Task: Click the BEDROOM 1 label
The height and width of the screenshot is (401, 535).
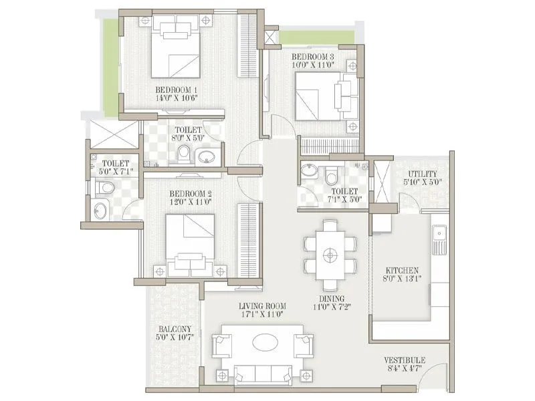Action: tap(177, 90)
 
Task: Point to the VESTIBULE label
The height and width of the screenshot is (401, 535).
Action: tap(405, 360)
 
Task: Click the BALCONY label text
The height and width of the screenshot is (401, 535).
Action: tap(175, 329)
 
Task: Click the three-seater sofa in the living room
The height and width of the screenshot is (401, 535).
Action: tap(262, 374)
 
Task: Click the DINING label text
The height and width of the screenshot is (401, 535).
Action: tap(331, 299)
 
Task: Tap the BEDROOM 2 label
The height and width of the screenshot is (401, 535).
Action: tap(191, 194)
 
